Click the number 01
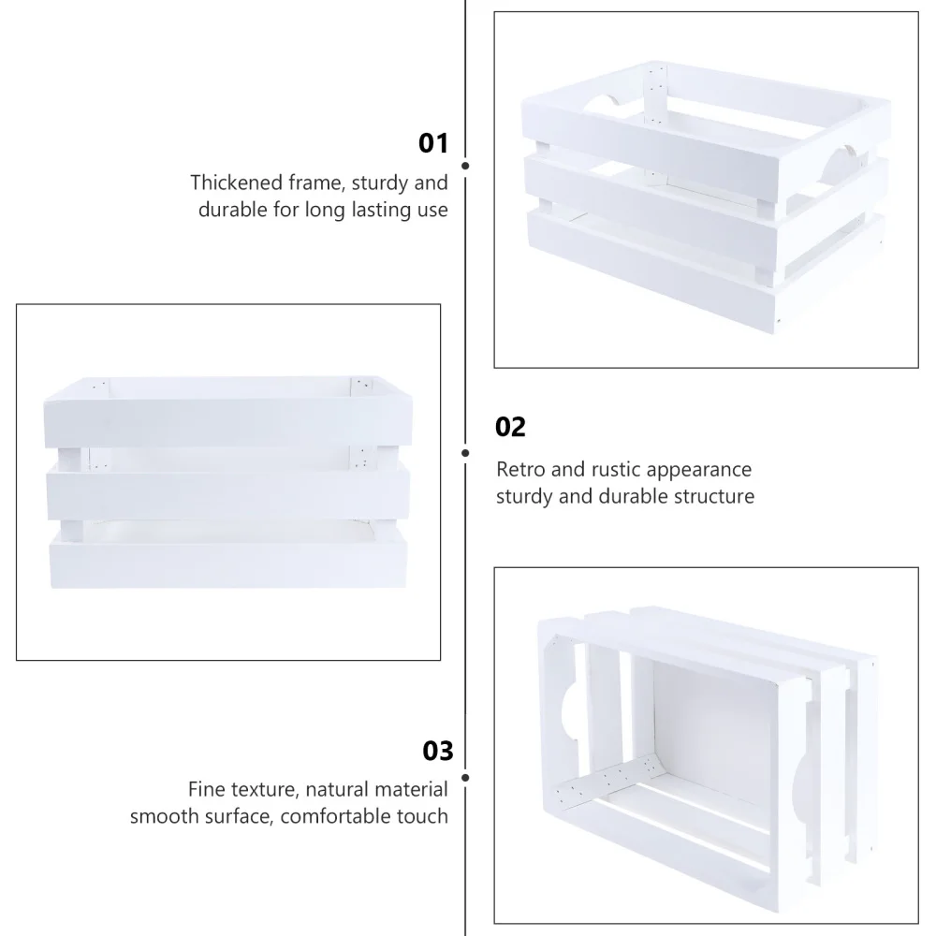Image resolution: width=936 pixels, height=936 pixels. click(x=433, y=143)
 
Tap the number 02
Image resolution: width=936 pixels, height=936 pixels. click(x=511, y=428)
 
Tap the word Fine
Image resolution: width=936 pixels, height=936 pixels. click(x=206, y=789)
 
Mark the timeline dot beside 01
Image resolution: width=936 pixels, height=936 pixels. click(x=465, y=166)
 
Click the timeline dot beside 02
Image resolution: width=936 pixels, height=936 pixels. click(x=465, y=453)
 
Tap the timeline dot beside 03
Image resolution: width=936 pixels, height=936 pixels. click(x=465, y=777)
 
